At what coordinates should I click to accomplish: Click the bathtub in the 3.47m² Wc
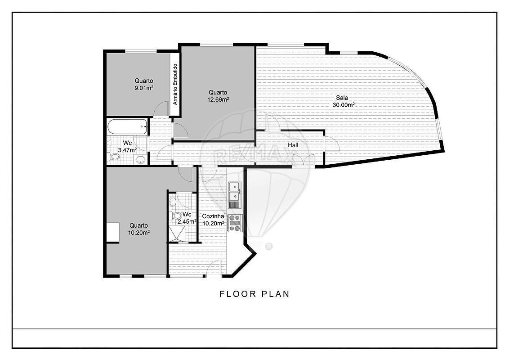coord(128,126)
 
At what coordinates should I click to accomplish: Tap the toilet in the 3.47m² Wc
coord(114,157)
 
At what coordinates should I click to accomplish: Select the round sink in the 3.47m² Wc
coord(141,159)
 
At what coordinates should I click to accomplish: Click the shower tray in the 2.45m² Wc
coord(177,234)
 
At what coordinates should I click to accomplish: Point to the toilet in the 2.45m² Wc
coord(177,216)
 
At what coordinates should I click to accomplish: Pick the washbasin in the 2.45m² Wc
coord(172,202)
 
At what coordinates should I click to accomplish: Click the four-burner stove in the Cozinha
coord(235,223)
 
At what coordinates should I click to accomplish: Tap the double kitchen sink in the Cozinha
coord(234,192)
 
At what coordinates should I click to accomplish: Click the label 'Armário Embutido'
coord(175,84)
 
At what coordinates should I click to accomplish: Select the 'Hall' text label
coord(293,145)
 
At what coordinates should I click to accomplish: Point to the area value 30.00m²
coord(344,105)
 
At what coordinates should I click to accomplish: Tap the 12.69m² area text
coord(218,100)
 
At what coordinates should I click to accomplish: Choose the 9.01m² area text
coord(144,88)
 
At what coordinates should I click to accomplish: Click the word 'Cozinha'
coord(213,216)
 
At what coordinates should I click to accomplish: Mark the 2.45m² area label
coord(187,221)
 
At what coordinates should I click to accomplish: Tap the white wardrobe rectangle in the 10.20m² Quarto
coord(113,232)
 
